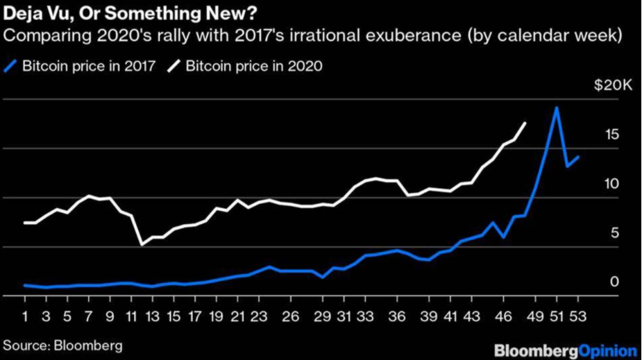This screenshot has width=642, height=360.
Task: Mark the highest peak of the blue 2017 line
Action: tap(556, 108)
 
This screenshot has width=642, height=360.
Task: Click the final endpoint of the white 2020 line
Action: tap(525, 123)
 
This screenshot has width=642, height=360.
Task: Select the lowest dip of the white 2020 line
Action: tap(142, 244)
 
